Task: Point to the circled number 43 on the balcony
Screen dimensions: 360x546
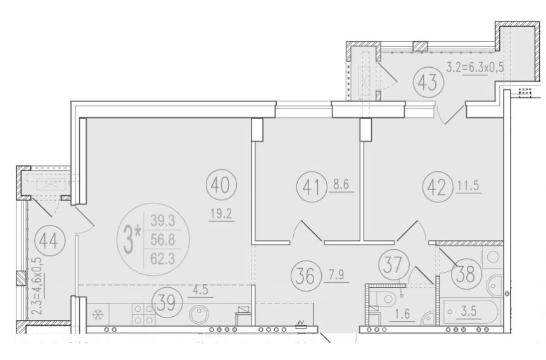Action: tap(428, 82)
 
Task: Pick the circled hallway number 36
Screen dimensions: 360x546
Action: tap(305, 275)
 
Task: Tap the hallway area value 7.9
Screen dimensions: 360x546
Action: tap(335, 275)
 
